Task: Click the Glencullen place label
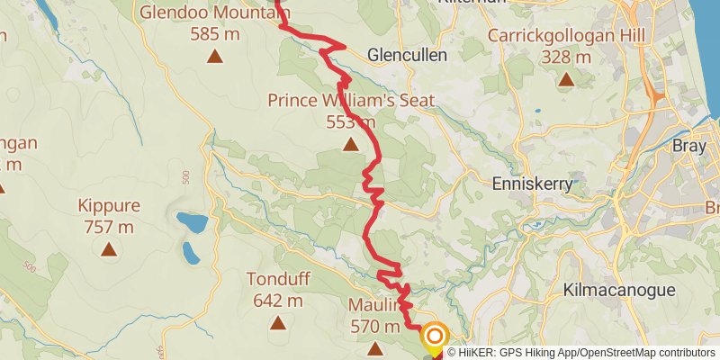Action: point(407,55)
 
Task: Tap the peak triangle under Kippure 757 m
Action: point(109,249)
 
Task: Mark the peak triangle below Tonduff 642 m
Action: point(277,322)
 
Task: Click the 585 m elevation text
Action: point(214,34)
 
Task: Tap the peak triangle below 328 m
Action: point(565,80)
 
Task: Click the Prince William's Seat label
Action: point(351,100)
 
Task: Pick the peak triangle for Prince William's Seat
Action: point(350,144)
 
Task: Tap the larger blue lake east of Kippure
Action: point(190,222)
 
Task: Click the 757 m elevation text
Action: point(109,227)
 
